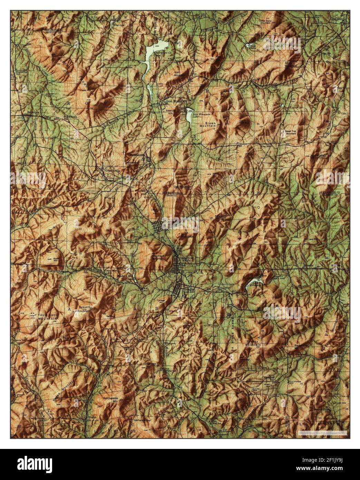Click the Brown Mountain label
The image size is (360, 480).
(x=210, y=125)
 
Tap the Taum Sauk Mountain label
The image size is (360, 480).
(x=38, y=316)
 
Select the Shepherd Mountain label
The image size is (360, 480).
(x=157, y=257)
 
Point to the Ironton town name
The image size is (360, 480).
(x=185, y=258)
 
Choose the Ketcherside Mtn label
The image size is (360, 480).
(x=111, y=400)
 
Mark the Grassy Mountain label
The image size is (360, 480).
(x=253, y=344)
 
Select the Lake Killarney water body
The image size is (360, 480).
(x=252, y=283)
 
